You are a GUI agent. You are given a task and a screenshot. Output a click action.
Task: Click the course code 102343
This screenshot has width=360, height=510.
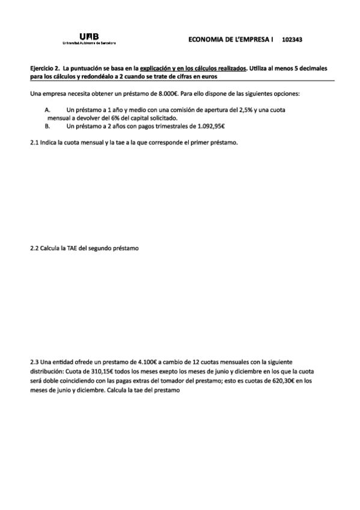click(x=291, y=40)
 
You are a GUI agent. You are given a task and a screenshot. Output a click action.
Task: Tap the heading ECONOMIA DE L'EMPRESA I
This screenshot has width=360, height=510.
click(x=231, y=40)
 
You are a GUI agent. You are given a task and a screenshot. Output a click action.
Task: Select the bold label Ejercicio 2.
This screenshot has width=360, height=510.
click(x=44, y=69)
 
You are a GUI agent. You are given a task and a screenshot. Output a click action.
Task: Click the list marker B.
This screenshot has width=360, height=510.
click(x=47, y=126)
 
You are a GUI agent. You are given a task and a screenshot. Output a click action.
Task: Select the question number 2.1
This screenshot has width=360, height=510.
click(x=34, y=143)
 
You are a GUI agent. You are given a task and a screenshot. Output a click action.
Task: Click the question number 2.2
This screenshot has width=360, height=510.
click(x=34, y=248)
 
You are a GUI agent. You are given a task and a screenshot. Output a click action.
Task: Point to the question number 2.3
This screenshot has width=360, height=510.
click(x=34, y=362)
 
